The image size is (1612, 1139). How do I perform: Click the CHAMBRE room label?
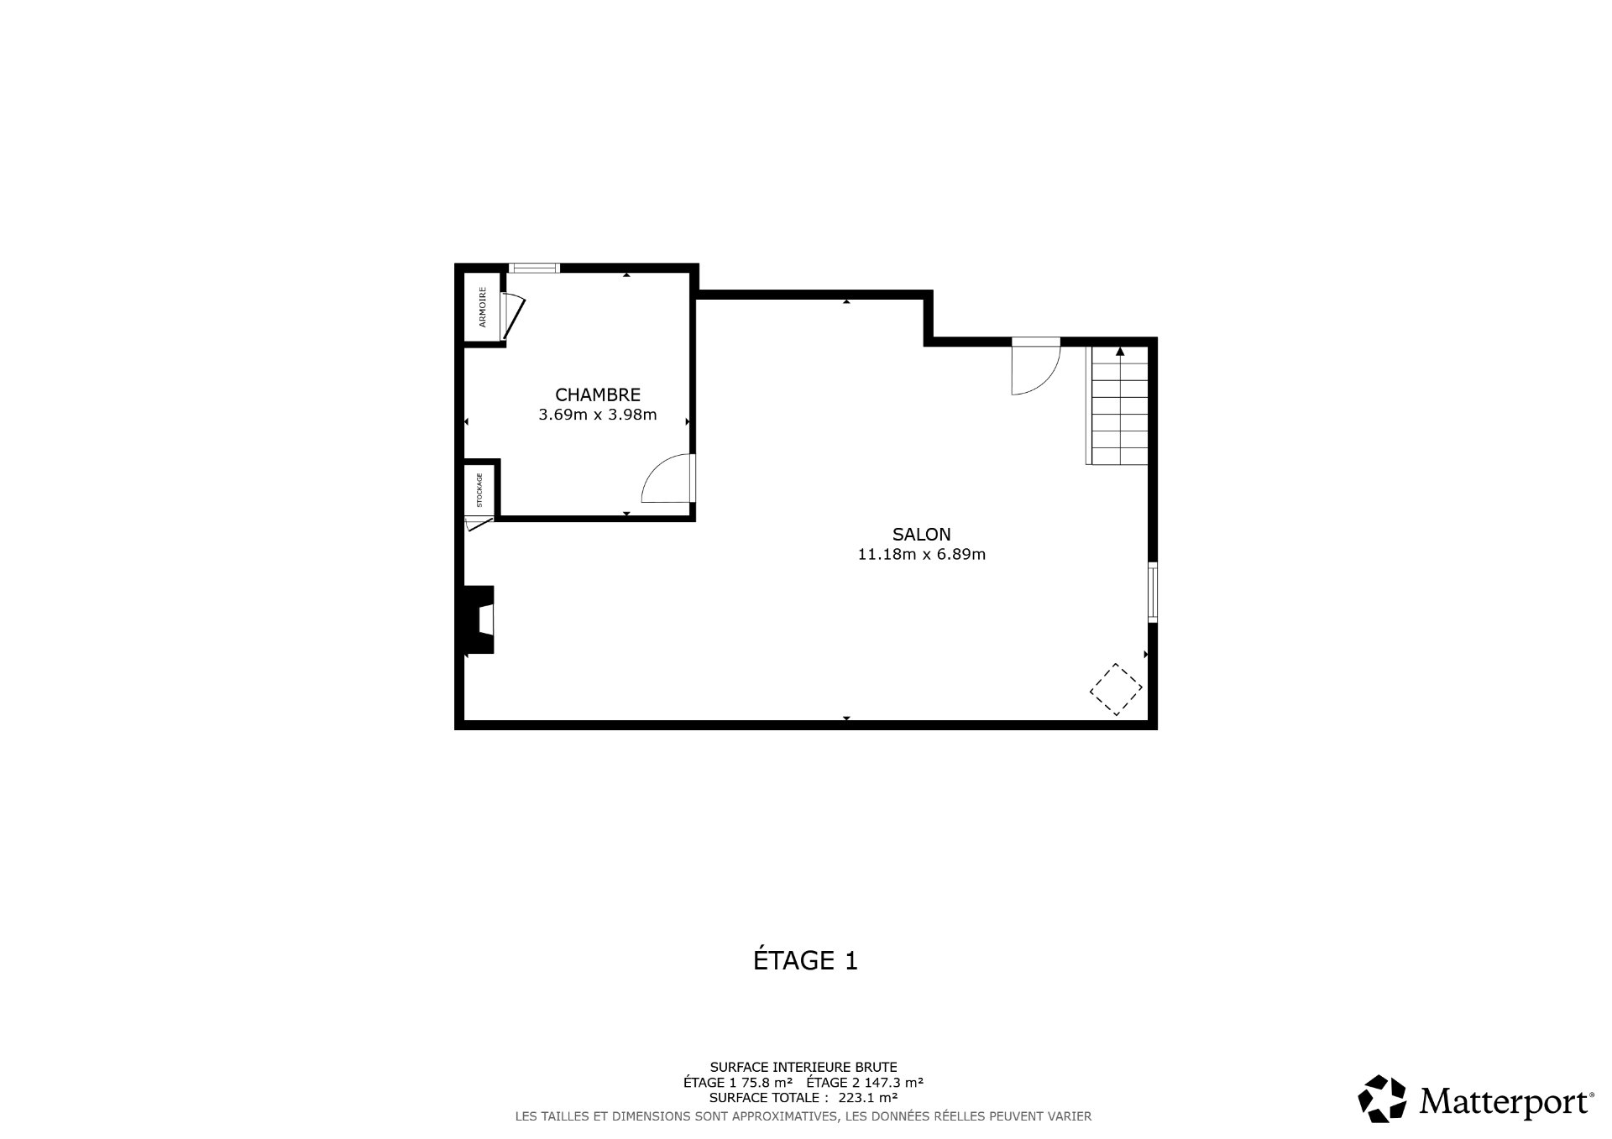(x=598, y=394)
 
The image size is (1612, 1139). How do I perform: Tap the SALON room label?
(x=921, y=534)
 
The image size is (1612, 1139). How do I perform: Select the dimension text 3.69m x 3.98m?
(x=598, y=414)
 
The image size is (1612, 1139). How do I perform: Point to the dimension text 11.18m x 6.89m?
(x=921, y=554)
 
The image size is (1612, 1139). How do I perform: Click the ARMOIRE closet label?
(x=483, y=307)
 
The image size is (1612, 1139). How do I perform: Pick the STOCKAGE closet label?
(x=479, y=490)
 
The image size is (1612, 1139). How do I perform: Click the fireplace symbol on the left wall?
(x=477, y=619)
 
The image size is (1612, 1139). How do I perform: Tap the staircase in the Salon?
(x=1117, y=405)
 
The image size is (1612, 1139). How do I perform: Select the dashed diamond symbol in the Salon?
(x=1116, y=689)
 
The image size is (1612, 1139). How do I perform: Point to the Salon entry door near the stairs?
(x=1036, y=367)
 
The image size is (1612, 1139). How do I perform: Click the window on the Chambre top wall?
(x=534, y=269)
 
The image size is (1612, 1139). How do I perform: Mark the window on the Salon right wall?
(x=1153, y=592)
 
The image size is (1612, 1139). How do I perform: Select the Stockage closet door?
(x=479, y=524)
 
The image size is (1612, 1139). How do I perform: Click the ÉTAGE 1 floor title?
(x=805, y=960)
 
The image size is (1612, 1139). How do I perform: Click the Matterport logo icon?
(x=1382, y=1098)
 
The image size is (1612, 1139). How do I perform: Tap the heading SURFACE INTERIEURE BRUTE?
(x=803, y=1067)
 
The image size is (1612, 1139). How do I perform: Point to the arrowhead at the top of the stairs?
(x=1120, y=351)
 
